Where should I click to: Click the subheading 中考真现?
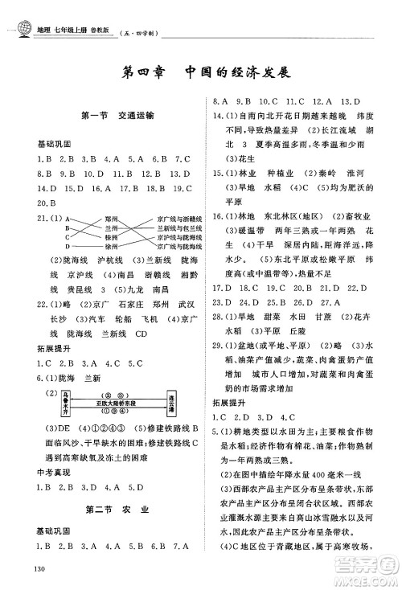tap(32, 473)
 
